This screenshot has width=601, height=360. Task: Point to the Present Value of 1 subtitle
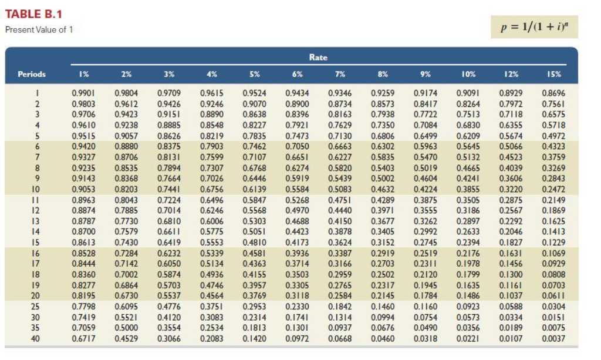[x=39, y=30]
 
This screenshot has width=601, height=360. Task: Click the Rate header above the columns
[x=318, y=58]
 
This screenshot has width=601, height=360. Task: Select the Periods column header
[x=32, y=75]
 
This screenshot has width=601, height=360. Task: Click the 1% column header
[x=84, y=75]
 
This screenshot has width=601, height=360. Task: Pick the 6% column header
[x=297, y=75]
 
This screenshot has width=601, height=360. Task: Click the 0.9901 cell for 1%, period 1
[x=84, y=93]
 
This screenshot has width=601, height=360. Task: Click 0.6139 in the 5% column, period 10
[x=254, y=189]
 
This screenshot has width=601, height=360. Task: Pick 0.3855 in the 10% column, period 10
[x=467, y=189]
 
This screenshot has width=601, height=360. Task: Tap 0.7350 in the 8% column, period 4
[x=382, y=125]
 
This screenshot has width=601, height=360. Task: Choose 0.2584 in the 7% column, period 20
[x=339, y=295]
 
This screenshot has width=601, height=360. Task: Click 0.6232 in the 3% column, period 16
[x=169, y=253]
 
